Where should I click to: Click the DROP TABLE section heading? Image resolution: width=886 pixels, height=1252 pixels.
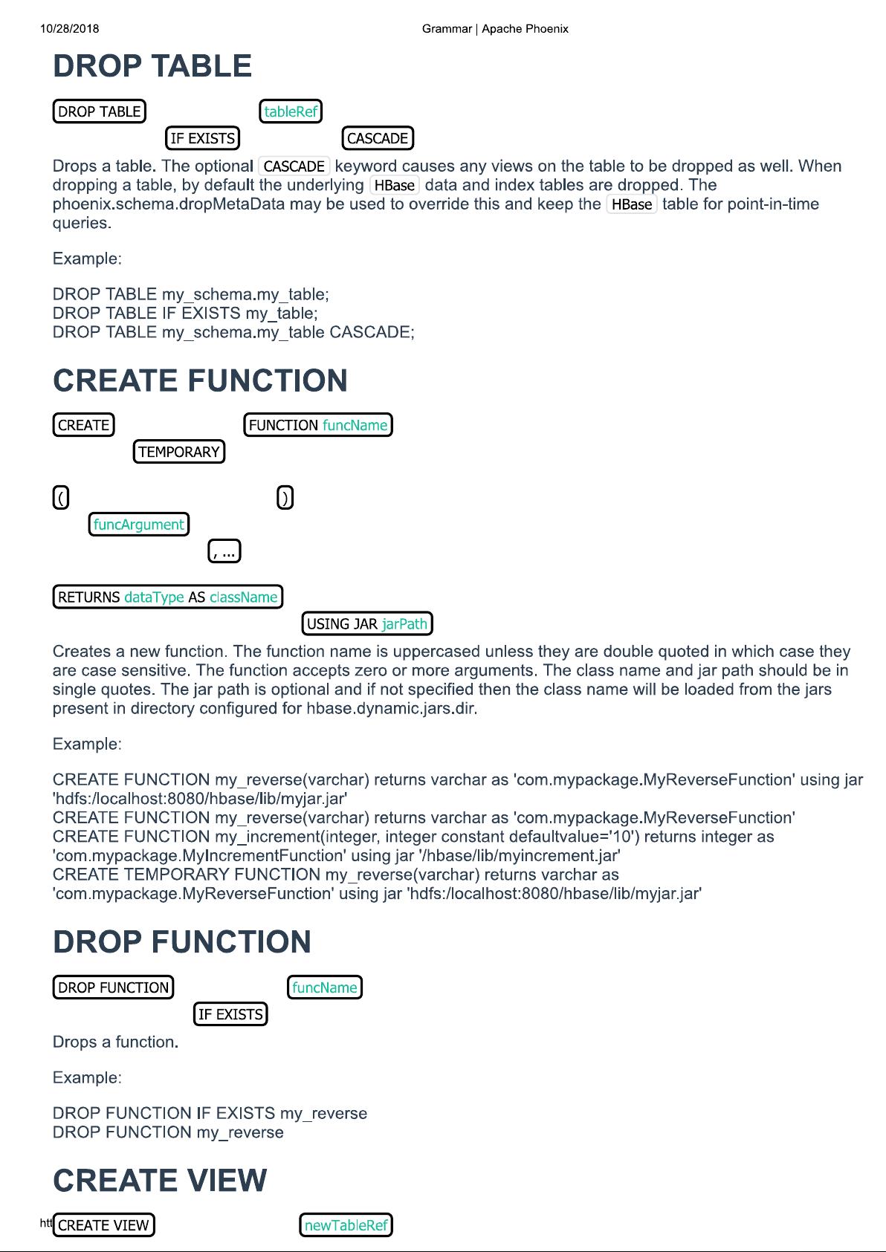pyautogui.click(x=152, y=66)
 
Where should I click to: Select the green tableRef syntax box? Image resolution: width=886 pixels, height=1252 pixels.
pyautogui.click(x=291, y=111)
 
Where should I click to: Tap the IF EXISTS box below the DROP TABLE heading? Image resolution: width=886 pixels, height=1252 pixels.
pyautogui.click(x=202, y=138)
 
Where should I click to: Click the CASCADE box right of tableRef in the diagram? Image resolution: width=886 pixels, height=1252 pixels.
pyautogui.click(x=378, y=138)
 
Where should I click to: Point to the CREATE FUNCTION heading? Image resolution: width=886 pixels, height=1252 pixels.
pyautogui.click(x=200, y=380)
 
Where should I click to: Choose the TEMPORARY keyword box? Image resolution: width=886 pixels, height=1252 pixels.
pyautogui.click(x=179, y=452)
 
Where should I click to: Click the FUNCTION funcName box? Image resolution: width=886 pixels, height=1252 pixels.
pyautogui.click(x=317, y=425)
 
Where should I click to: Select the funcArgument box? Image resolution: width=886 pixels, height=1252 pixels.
pyautogui.click(x=139, y=525)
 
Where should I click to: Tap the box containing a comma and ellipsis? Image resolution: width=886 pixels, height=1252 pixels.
pyautogui.click(x=224, y=551)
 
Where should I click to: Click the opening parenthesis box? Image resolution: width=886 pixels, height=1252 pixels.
pyautogui.click(x=61, y=497)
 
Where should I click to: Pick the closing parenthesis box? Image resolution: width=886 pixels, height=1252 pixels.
pyautogui.click(x=285, y=497)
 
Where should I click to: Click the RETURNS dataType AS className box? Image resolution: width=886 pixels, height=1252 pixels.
pyautogui.click(x=168, y=597)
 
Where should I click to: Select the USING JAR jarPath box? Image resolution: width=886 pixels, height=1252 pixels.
pyautogui.click(x=367, y=623)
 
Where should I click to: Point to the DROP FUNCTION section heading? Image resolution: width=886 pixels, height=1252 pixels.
pyautogui.click(x=182, y=941)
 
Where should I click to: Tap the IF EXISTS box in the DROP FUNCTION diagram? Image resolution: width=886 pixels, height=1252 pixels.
pyautogui.click(x=230, y=1014)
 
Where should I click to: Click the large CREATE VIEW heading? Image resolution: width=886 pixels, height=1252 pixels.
pyautogui.click(x=160, y=1181)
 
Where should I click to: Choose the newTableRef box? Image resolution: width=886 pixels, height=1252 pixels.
pyautogui.click(x=346, y=1225)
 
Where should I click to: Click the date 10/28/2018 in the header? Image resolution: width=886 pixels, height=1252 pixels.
pyautogui.click(x=70, y=29)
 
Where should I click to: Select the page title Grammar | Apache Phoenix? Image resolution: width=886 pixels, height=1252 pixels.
pyautogui.click(x=495, y=29)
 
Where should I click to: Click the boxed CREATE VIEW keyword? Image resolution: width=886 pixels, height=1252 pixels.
pyautogui.click(x=104, y=1225)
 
